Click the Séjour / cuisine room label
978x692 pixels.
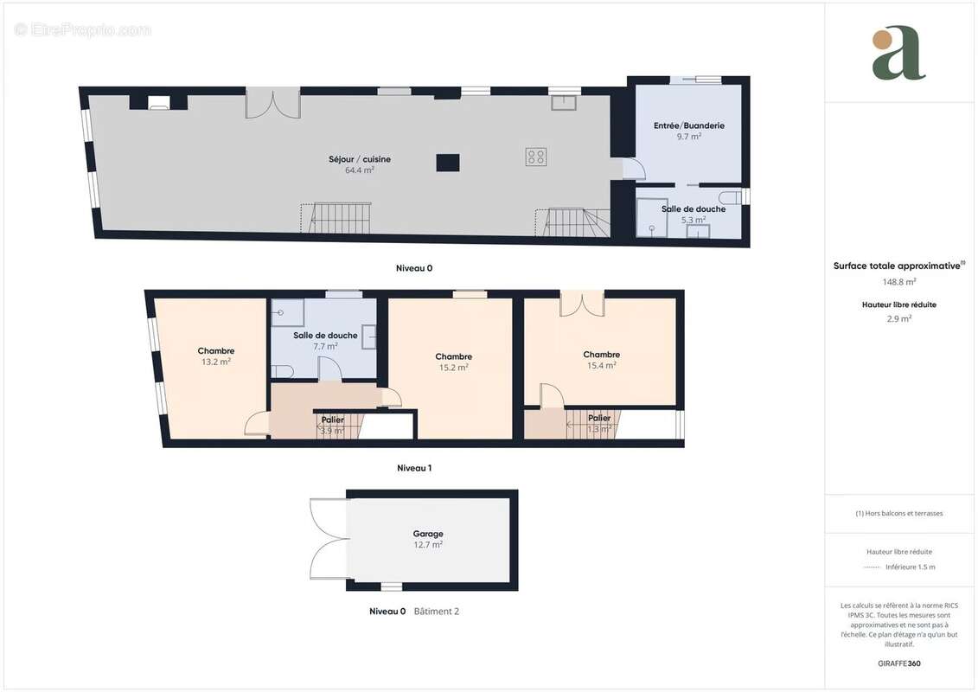click(359, 158)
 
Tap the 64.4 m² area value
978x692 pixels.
click(359, 170)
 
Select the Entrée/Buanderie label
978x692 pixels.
click(688, 125)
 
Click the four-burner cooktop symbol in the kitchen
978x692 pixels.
click(536, 157)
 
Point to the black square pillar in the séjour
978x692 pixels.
click(447, 163)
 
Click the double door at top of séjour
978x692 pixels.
click(273, 103)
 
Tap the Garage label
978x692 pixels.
click(428, 534)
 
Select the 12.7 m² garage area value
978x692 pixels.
click(428, 546)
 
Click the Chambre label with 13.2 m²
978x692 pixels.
click(215, 350)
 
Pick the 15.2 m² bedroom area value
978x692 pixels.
click(453, 368)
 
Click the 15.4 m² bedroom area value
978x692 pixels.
click(601, 366)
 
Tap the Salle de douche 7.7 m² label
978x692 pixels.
click(325, 336)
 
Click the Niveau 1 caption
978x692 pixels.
click(413, 468)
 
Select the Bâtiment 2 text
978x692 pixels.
click(437, 612)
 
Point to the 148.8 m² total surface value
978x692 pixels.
click(899, 281)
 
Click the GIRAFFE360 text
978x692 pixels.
click(899, 663)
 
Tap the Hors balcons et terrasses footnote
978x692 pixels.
click(899, 513)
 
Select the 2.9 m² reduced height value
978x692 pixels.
click(899, 318)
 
